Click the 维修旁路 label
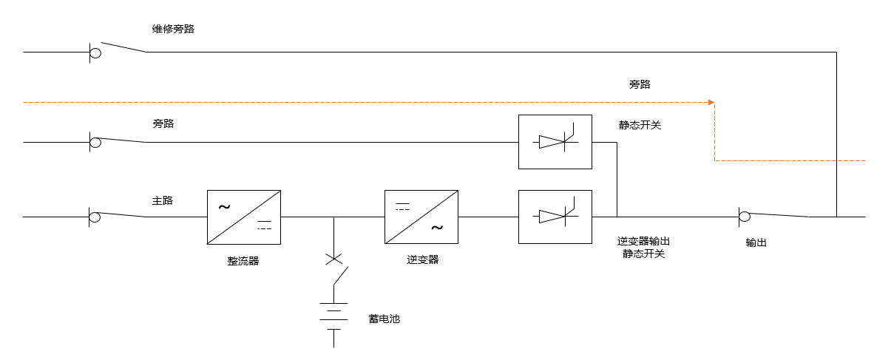pos(173,29)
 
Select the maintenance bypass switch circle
pos(95,52)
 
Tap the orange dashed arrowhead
pos(711,102)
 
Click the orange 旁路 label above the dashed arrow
pos(640,84)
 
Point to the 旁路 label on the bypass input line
pos(163,123)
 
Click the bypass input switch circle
pos(95,142)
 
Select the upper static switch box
pos(555,141)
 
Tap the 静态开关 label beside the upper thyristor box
pos(640,125)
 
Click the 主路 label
pos(163,200)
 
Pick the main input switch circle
pos(95,217)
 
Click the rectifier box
pos(243,217)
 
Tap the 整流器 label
pos(243,261)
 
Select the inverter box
pos(421,217)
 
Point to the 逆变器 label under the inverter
pos(422,259)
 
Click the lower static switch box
pos(555,217)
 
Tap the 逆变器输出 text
pos(643,241)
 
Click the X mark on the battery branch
pos(334,259)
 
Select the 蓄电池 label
pos(384,319)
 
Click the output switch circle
pos(745,217)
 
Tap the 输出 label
pos(756,242)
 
